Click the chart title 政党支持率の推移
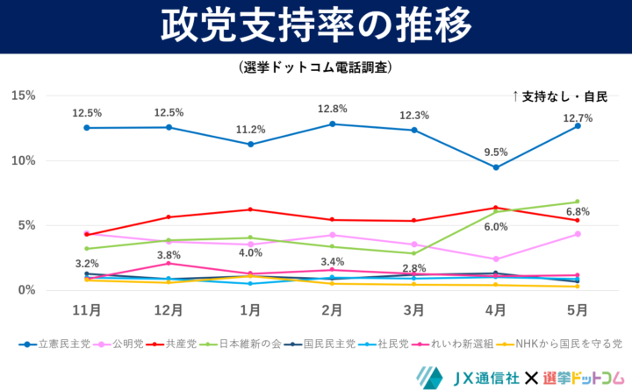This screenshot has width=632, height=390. pyautogui.click(x=315, y=26)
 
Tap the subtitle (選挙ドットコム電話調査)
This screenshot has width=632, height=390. pyautogui.click(x=315, y=67)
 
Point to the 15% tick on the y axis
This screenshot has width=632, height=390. pyautogui.click(x=23, y=95)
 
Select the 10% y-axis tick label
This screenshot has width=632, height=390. pyautogui.click(x=23, y=160)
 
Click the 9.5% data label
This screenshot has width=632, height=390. pyautogui.click(x=496, y=152)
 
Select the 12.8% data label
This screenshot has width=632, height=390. pyautogui.click(x=333, y=109)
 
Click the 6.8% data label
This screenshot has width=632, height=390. pyautogui.click(x=578, y=212)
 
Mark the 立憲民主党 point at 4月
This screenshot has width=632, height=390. pyautogui.click(x=496, y=167)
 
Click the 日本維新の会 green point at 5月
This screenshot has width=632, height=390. pyautogui.click(x=578, y=202)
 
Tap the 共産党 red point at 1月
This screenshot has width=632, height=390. pyautogui.click(x=250, y=209)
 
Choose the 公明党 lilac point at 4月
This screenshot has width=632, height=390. pyautogui.click(x=496, y=259)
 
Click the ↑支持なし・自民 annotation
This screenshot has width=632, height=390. pyautogui.click(x=559, y=96)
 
